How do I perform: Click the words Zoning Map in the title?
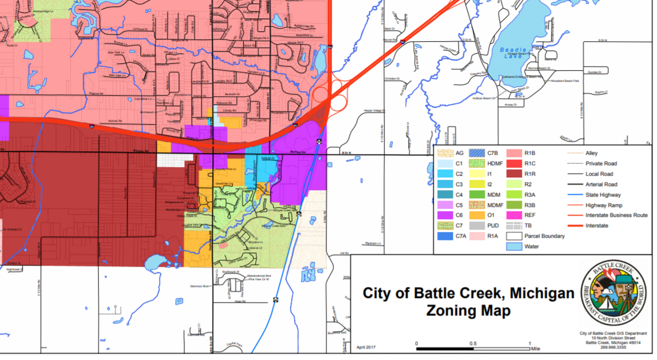(x=469, y=311)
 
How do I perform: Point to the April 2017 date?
(x=367, y=346)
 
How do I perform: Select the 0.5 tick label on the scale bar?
(x=473, y=343)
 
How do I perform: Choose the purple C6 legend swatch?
(x=445, y=215)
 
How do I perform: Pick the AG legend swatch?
(x=445, y=153)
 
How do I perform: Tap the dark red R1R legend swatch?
(x=514, y=174)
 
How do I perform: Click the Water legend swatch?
(x=514, y=246)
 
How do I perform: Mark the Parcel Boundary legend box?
(x=514, y=236)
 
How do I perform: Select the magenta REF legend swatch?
(x=514, y=215)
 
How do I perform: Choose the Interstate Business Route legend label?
(x=616, y=215)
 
